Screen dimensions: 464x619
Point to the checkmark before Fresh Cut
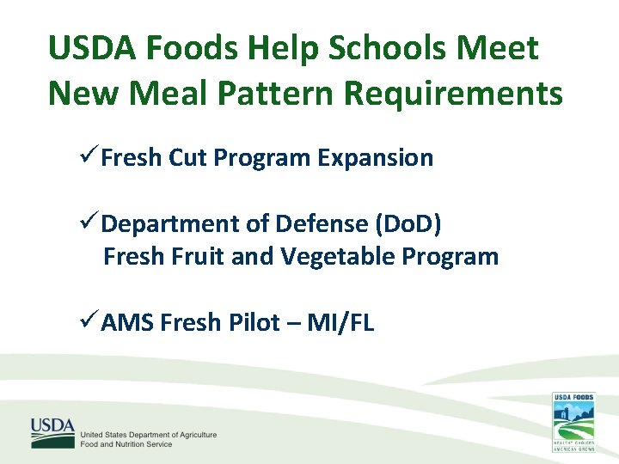click(89, 157)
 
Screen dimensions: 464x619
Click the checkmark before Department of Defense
click(89, 223)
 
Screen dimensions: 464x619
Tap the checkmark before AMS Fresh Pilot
click(89, 322)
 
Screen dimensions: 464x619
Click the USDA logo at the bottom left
click(53, 432)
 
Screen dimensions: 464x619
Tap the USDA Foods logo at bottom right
click(573, 422)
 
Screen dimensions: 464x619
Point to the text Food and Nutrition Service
click(126, 444)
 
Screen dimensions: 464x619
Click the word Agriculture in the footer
click(197, 435)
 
